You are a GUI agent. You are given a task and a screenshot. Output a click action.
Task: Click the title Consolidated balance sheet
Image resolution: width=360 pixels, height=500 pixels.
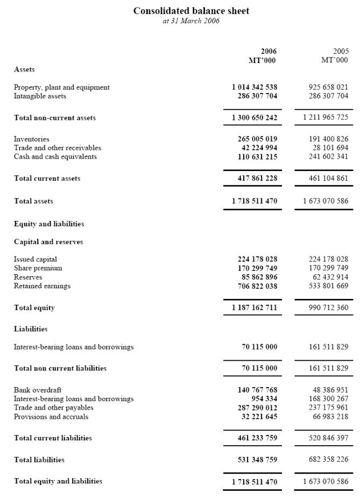(x=191, y=11)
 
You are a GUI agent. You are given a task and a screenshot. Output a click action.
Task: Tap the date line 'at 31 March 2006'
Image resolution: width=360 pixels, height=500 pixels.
(x=191, y=21)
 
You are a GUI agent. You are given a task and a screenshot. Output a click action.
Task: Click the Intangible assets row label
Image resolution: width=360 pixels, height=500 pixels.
(x=40, y=96)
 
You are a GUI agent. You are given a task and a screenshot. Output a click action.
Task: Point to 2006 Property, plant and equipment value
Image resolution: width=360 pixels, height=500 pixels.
(x=255, y=87)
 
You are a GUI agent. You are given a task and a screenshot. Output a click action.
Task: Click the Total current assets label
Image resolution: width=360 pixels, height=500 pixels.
(x=47, y=178)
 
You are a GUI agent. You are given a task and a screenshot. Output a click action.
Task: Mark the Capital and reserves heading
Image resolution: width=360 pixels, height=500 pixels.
(x=48, y=242)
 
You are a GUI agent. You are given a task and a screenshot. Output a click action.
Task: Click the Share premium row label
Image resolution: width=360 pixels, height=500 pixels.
(x=38, y=268)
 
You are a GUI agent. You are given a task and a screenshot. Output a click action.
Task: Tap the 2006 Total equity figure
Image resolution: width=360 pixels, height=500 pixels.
(x=255, y=308)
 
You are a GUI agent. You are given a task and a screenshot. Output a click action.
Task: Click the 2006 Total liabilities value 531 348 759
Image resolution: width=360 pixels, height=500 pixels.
(x=257, y=460)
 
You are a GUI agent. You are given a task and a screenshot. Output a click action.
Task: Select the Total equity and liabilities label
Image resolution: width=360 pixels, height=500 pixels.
(x=58, y=481)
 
